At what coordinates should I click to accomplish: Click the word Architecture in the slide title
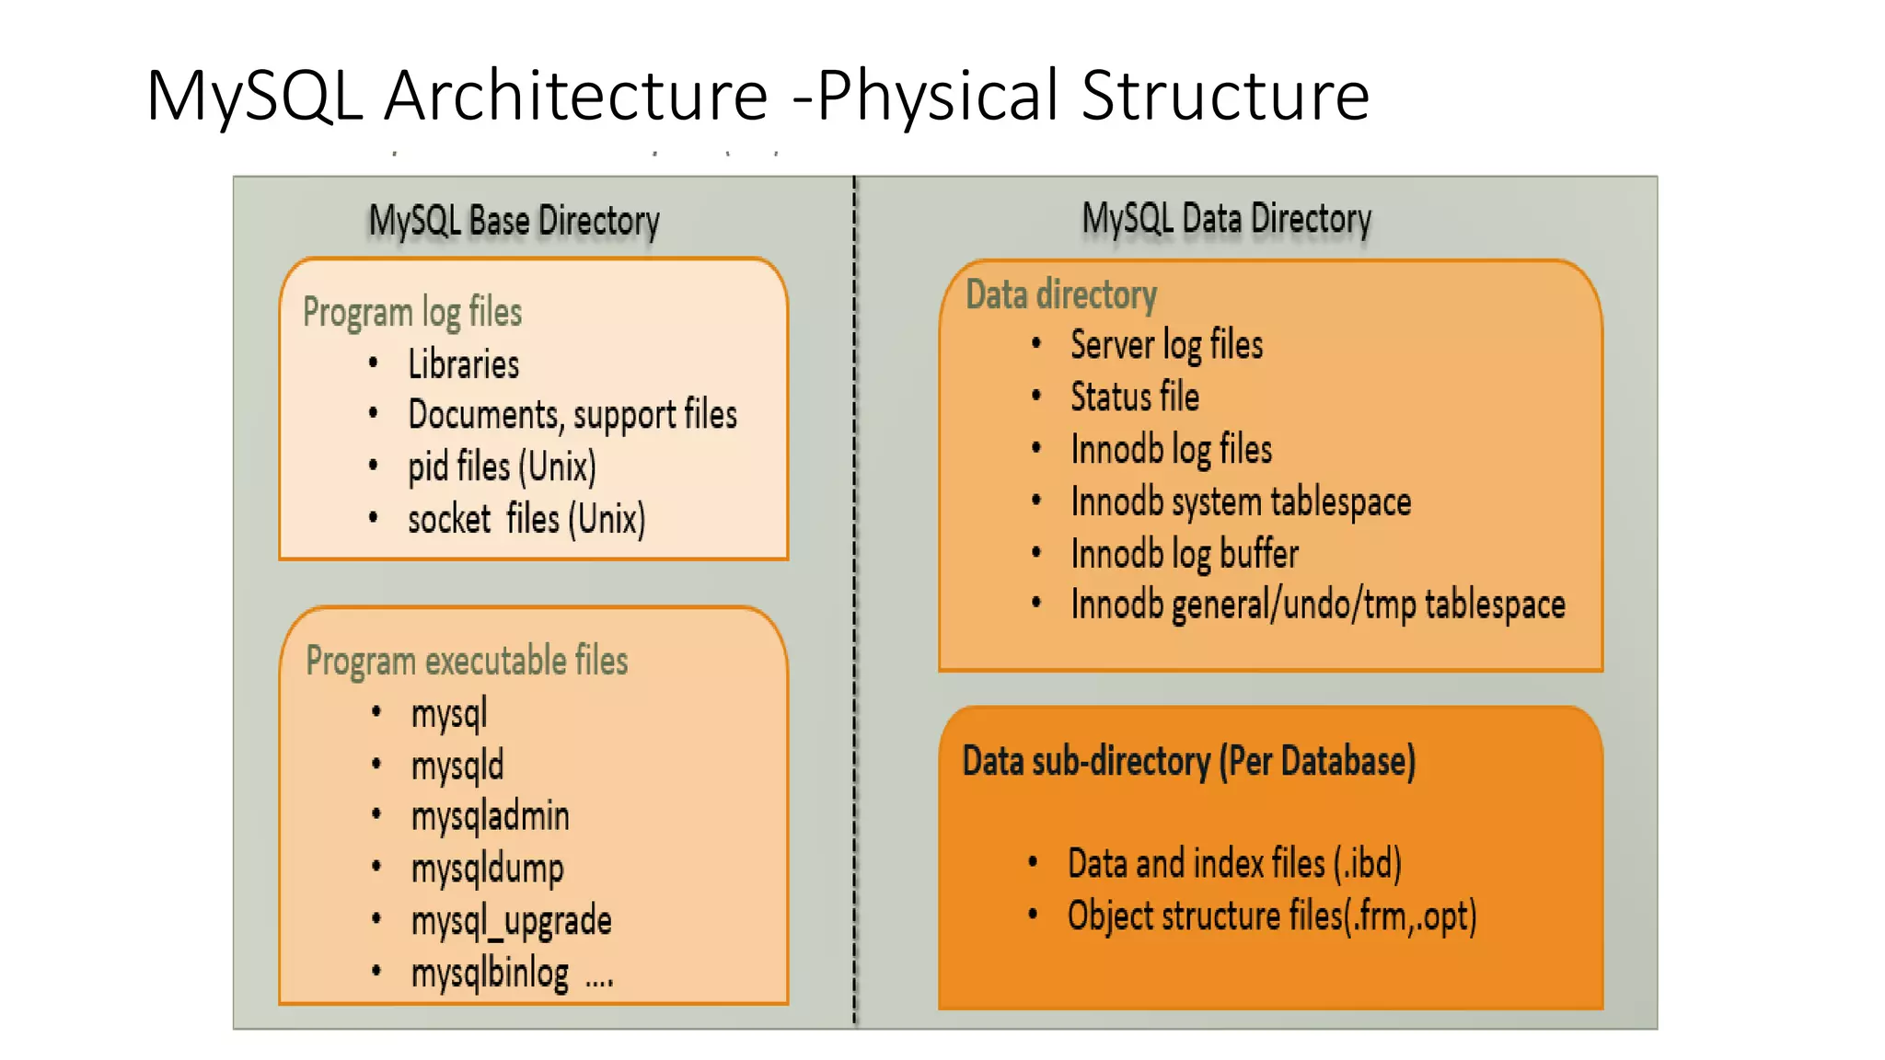pos(575,96)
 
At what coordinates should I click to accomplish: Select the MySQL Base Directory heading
pos(514,221)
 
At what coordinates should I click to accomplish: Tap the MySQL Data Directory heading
pos(1226,219)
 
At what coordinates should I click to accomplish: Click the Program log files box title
pos(412,312)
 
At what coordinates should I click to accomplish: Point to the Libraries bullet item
pos(463,364)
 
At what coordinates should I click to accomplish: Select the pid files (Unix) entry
pos(502,467)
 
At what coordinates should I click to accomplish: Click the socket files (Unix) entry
pos(526,519)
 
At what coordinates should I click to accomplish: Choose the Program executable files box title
pos(467,661)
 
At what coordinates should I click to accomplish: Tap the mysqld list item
pos(457,766)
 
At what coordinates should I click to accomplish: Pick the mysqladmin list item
pos(490,816)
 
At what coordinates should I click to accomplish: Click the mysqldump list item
pos(487,868)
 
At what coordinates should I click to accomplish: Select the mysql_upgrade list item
pos(511,920)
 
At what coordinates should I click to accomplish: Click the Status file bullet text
pos(1134,397)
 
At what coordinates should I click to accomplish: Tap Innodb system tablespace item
pos(1240,502)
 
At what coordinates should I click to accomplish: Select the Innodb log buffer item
pos(1184,554)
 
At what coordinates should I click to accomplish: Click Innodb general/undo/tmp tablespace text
pos(1317,605)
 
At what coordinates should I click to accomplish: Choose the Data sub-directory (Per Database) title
pos(1188,761)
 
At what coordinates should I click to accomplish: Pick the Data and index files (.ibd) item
pos(1233,863)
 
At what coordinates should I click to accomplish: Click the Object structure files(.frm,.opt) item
pos(1271,916)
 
